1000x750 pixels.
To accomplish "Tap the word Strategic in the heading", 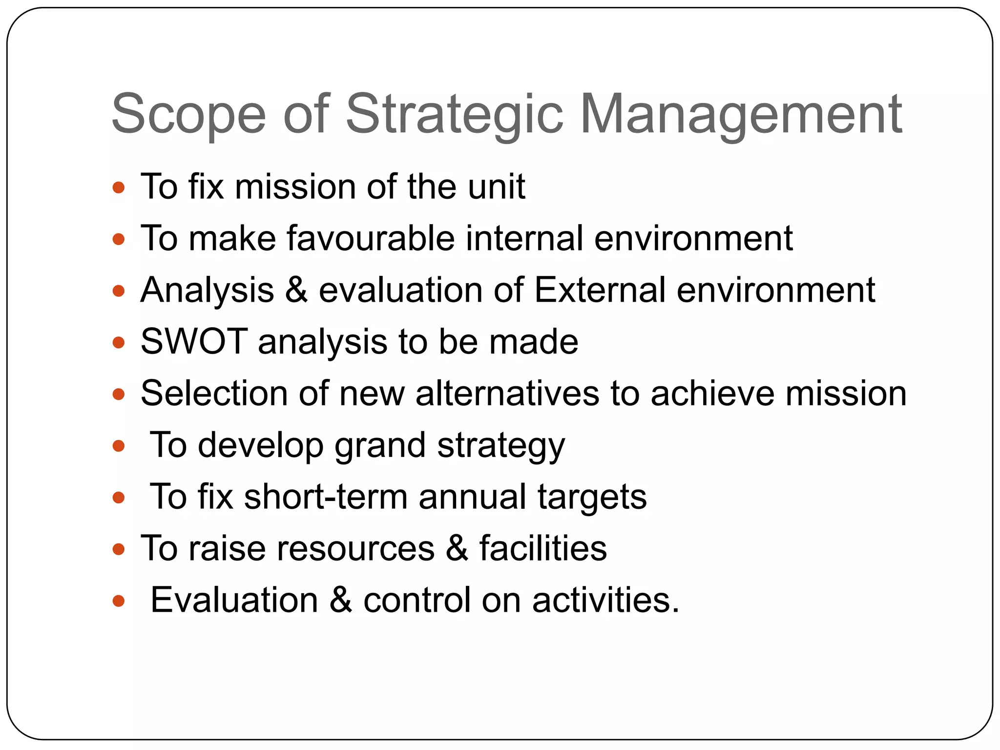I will tap(454, 115).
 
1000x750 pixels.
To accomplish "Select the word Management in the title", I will tap(741, 115).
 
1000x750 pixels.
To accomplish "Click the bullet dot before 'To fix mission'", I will tap(119, 187).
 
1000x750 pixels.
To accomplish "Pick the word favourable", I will tap(371, 238).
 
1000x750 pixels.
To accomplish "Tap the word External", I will tap(600, 290).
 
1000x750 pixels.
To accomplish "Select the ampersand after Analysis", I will tap(296, 290).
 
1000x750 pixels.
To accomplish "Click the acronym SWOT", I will tap(194, 341).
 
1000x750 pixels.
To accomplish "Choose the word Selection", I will tap(214, 393).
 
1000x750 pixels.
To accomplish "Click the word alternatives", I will tap(507, 393).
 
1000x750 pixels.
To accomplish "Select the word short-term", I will tap(326, 497).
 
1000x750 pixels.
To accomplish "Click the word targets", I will tap(592, 497).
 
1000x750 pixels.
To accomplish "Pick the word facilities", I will tap(543, 548).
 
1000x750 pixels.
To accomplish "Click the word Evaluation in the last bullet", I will tap(234, 600).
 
